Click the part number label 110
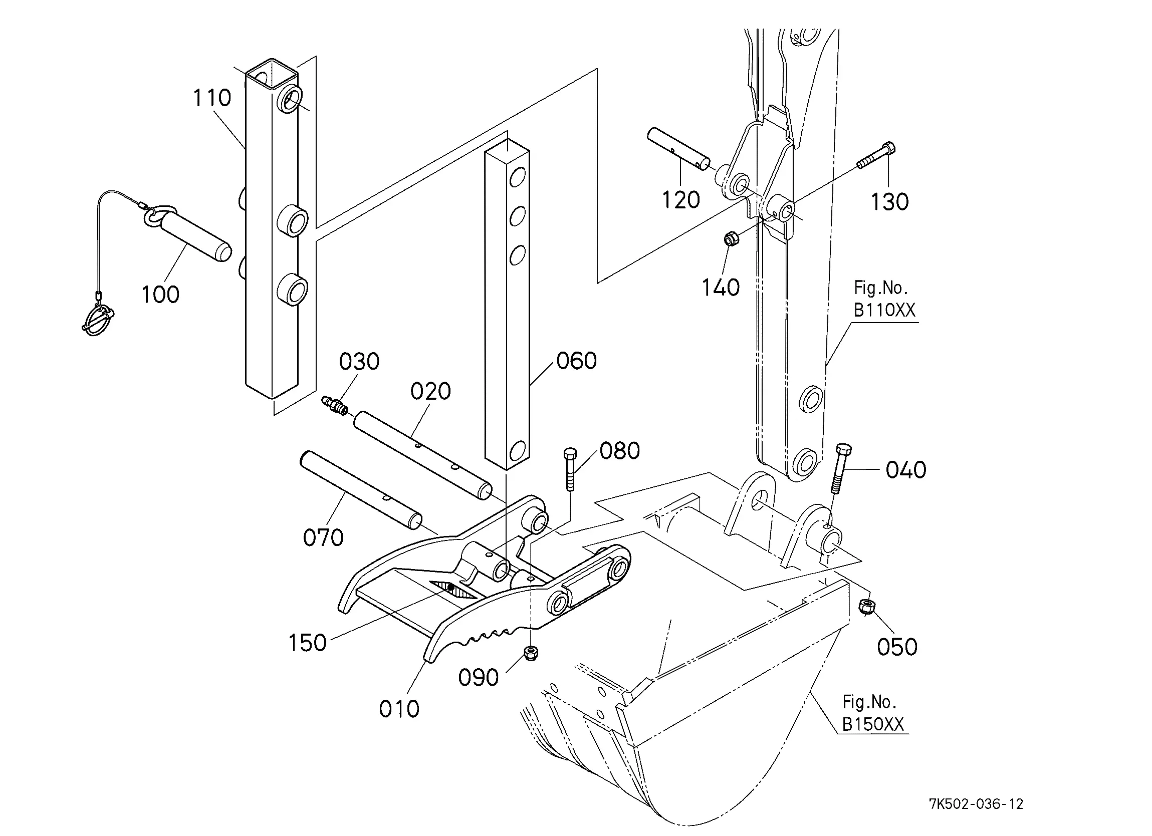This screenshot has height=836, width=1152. point(212,98)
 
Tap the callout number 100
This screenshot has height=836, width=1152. point(160,295)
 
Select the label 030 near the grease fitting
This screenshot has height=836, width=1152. point(359,362)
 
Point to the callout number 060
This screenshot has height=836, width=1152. point(577,361)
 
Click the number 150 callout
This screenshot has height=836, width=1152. point(307,643)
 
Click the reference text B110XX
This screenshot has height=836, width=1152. point(884,310)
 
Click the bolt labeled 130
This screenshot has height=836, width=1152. point(876,155)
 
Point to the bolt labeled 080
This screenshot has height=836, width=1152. point(570,469)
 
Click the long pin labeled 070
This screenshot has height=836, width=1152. point(361,490)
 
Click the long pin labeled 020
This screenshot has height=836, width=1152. point(422,455)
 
